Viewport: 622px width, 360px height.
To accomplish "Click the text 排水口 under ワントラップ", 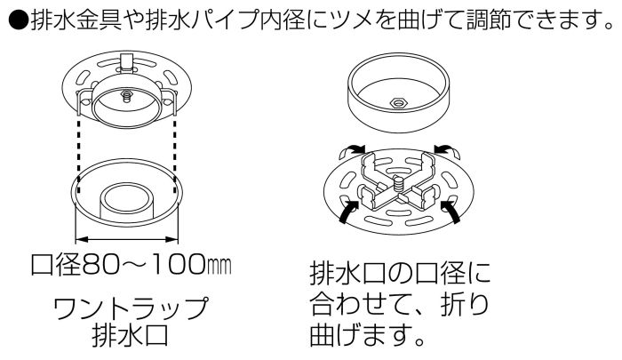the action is click(x=131, y=336).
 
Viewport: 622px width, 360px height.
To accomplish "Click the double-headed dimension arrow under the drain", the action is click(x=126, y=239).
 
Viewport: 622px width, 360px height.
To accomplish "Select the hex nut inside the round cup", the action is click(x=397, y=103).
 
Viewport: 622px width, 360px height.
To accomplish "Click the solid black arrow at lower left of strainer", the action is click(x=348, y=212).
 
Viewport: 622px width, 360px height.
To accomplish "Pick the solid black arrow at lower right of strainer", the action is click(x=450, y=212).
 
